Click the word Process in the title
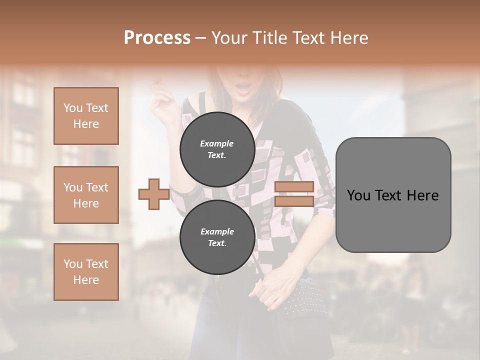157,38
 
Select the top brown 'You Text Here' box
86,116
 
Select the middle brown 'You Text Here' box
86,195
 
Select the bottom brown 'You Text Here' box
86,271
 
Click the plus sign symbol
153,194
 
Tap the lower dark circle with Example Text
217,237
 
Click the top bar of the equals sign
294,187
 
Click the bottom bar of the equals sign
294,201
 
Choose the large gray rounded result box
393,195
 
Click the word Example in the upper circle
217,143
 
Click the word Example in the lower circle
217,231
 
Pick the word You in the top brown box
72,108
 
